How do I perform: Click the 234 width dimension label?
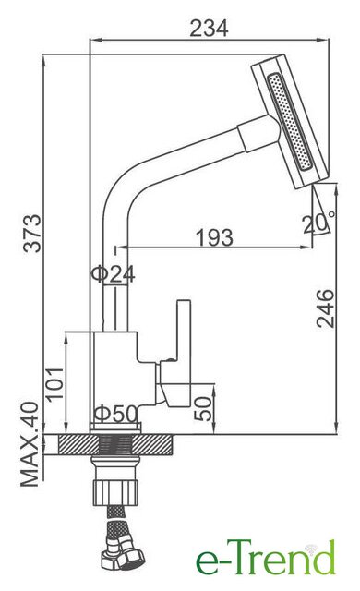pos(209,29)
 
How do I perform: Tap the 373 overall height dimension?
pos(32,233)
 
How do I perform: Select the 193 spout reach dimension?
pos(215,237)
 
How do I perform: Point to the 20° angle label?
pos(318,223)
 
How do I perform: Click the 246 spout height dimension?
pos(325,308)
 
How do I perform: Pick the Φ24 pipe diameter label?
pos(113,274)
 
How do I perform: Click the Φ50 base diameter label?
pos(115,414)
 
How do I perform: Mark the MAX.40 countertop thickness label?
pos(30,444)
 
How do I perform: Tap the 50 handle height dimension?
pos(203,408)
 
